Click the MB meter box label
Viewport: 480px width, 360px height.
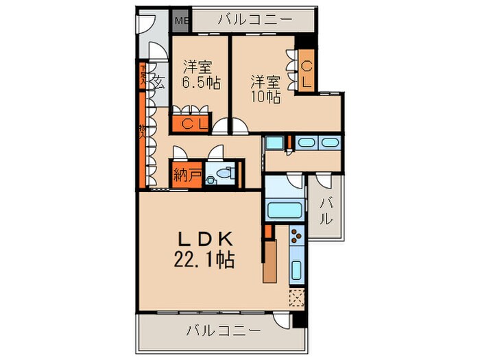point(181,20)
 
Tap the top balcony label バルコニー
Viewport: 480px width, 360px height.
point(245,19)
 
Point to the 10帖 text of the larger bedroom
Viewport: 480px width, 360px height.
point(265,88)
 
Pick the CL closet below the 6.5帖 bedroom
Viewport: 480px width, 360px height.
point(192,124)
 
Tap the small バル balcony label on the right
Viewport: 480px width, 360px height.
point(326,211)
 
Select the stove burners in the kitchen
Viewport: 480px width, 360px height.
point(297,238)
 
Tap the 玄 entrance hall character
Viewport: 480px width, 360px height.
point(158,83)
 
